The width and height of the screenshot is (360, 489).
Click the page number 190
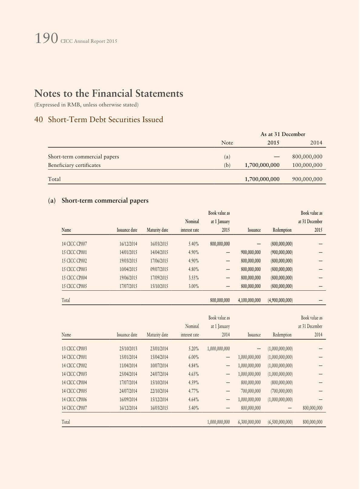[x=46, y=39]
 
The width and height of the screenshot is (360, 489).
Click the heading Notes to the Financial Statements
[x=109, y=93]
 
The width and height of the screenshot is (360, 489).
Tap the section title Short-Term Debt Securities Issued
[x=105, y=120]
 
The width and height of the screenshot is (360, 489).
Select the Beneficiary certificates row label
[x=74, y=165]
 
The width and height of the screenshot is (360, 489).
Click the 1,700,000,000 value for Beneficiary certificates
[x=262, y=165]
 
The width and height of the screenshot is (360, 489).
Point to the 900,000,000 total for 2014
[x=307, y=179]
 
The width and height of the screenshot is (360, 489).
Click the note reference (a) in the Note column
[x=227, y=157]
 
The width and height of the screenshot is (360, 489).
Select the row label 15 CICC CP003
[x=74, y=269]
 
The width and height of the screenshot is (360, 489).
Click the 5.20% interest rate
[x=193, y=349]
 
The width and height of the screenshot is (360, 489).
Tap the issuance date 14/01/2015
[x=128, y=252]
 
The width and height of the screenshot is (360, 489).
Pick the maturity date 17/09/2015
[x=159, y=278]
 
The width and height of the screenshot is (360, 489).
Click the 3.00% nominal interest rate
[x=193, y=286]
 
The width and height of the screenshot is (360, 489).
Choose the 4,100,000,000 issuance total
[x=249, y=300]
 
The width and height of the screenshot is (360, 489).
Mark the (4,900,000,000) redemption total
[x=280, y=300]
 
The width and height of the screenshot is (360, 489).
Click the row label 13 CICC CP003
[x=74, y=349]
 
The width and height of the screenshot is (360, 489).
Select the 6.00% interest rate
[x=193, y=357]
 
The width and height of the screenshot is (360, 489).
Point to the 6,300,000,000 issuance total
[x=249, y=422]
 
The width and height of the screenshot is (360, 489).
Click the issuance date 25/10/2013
[x=128, y=349]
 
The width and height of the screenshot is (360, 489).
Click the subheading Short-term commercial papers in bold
[x=105, y=200]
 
